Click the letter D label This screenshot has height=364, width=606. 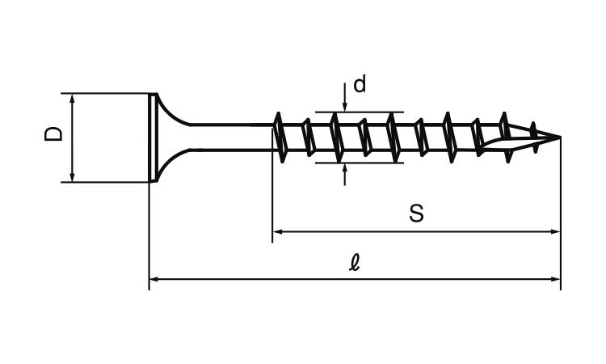pos(53,133)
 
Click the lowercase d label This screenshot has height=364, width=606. pos(360,84)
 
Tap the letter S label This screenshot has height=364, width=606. pos(416,213)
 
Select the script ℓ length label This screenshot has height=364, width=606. pos(354,263)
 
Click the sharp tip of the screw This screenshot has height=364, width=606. pos(560,137)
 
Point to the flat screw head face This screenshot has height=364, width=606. pos(153,138)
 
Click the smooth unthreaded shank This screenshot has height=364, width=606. pos(231,137)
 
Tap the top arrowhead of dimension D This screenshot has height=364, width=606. pos(72,98)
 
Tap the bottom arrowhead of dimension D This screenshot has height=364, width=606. pos(72,177)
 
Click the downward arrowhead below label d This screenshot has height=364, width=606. pos(345,107)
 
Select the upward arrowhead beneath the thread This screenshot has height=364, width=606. pos(345,168)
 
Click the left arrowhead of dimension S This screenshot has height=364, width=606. pos(278,231)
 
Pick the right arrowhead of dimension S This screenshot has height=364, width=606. pos(555,231)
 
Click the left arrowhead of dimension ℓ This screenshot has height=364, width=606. pos(154,278)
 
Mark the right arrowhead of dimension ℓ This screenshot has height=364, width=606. pos(555,278)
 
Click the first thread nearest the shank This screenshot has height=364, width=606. pos(280,138)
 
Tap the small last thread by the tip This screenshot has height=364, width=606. pos(535,137)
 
